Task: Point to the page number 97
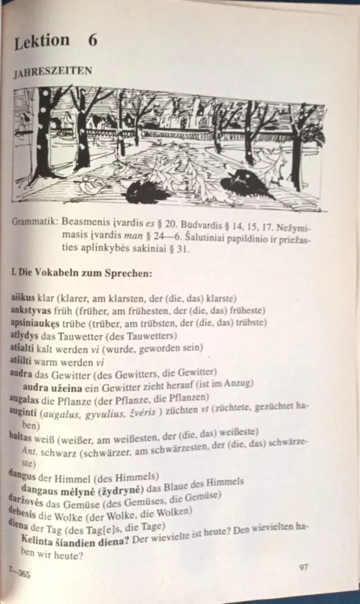(303, 566)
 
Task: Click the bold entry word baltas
(22, 436)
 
